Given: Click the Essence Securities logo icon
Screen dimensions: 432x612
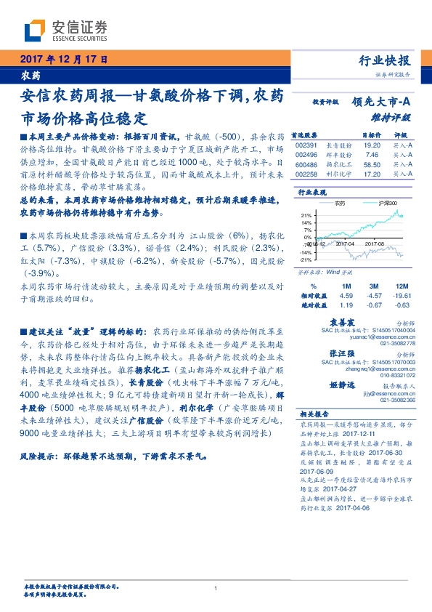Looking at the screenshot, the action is point(35,30).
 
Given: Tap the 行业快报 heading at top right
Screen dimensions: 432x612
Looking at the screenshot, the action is point(384,60).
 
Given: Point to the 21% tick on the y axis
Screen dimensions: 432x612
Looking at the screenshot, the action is point(306,215).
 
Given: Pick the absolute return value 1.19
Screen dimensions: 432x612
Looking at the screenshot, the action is point(346,306).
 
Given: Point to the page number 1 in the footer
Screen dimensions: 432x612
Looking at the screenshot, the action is point(216,588).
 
